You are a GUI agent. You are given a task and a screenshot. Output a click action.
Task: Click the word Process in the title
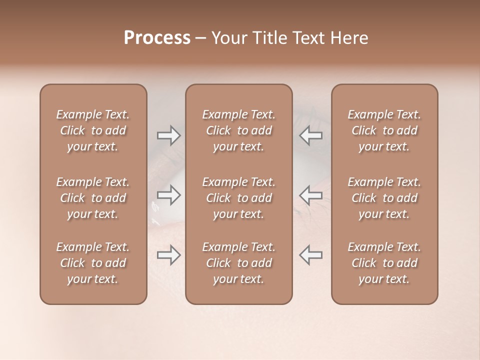157,38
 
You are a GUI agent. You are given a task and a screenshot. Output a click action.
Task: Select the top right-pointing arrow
168,135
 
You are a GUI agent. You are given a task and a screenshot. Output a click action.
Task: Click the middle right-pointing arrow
168,195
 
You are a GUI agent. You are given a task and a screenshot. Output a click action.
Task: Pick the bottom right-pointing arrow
168,255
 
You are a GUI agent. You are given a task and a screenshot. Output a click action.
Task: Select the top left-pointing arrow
310,135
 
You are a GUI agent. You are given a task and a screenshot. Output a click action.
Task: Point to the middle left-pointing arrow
310,195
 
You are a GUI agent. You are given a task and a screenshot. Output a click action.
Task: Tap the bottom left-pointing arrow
310,255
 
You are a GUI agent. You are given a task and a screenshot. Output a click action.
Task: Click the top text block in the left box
93,130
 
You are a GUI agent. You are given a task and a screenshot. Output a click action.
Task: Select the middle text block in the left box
93,198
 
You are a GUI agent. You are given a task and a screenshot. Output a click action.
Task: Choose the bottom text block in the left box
93,263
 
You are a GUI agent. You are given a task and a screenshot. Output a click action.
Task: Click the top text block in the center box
238,130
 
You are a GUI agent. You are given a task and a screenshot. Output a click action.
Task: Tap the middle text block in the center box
238,198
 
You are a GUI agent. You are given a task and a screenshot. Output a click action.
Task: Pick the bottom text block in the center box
238,263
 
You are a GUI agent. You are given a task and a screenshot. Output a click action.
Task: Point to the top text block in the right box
384,130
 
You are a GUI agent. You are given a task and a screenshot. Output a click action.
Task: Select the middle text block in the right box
384,198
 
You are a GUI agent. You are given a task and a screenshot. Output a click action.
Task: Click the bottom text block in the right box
384,263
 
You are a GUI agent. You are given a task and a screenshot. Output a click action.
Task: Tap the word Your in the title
228,38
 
